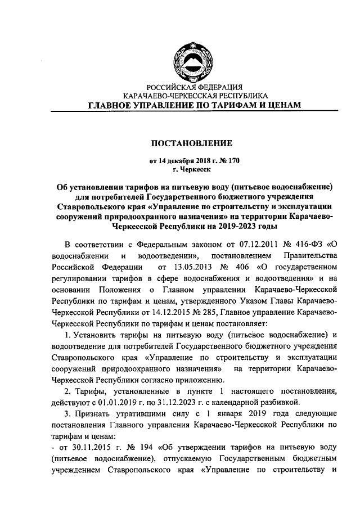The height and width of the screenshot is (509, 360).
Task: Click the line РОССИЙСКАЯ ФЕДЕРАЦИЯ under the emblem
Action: click(194, 88)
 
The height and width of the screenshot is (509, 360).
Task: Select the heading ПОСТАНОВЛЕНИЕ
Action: click(194, 143)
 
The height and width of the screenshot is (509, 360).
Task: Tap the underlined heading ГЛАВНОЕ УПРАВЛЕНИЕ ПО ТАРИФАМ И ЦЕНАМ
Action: click(194, 105)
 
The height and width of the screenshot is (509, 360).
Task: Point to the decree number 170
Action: click(232, 160)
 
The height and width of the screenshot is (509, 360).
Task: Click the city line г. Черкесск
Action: click(194, 168)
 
